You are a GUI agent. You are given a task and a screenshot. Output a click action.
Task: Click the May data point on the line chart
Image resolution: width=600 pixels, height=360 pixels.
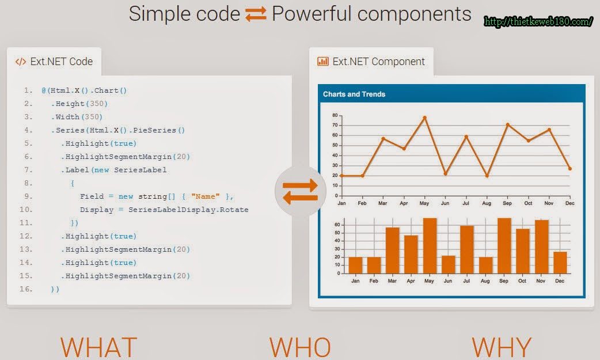(x=424, y=118)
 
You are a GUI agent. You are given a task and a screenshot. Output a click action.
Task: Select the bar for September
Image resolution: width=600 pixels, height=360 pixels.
(x=504, y=245)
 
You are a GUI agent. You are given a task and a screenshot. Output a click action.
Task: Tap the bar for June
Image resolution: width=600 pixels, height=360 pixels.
(x=448, y=264)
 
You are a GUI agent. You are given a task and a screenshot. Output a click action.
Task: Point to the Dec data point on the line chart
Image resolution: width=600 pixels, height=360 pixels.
(x=570, y=169)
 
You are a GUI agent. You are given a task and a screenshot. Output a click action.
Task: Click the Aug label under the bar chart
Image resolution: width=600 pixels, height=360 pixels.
(x=485, y=281)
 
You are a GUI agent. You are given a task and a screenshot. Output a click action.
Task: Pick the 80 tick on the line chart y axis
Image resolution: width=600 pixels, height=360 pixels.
(x=335, y=115)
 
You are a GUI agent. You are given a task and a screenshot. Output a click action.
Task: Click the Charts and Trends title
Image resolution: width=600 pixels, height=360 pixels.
(x=354, y=94)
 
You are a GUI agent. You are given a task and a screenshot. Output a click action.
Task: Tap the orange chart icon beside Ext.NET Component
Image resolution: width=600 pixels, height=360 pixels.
(x=323, y=61)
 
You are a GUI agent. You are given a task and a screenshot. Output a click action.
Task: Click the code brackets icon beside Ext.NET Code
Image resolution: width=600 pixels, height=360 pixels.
(x=21, y=62)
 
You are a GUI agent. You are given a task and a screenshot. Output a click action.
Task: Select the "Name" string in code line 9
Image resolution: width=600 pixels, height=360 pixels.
(x=206, y=196)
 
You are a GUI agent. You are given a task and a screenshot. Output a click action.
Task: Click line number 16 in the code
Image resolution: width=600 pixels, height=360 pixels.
(x=26, y=289)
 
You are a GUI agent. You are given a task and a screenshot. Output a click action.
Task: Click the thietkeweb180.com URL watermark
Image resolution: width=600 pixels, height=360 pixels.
(x=538, y=21)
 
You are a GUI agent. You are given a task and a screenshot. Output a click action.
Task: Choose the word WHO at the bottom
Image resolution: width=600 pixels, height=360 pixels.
(x=300, y=347)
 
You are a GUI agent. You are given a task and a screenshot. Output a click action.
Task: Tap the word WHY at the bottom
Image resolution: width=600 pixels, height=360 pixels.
(x=502, y=347)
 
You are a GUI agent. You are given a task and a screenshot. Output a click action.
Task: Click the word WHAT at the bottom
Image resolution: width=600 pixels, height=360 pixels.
(x=98, y=347)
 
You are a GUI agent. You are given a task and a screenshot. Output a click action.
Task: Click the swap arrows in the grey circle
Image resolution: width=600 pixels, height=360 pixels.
(x=301, y=191)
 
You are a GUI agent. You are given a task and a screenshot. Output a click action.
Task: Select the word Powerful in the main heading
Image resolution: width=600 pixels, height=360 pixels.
(x=311, y=14)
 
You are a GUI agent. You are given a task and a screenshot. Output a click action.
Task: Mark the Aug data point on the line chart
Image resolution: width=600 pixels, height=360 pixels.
(x=487, y=176)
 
